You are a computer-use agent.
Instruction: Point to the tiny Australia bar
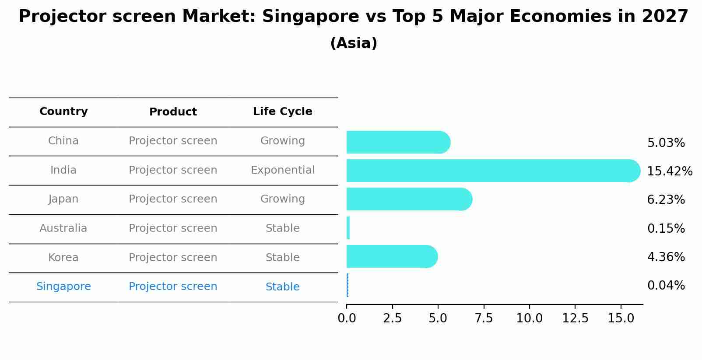pos(348,228)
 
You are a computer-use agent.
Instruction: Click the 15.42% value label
pos(669,171)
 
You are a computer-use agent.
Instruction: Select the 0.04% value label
pos(666,286)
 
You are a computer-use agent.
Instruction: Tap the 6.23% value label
pos(666,200)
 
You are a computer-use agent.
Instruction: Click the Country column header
pos(63,112)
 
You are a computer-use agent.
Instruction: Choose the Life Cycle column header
pos(282,112)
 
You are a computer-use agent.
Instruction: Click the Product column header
pos(173,112)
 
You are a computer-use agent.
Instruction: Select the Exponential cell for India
pos(282,170)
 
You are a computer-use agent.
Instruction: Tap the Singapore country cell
pos(63,287)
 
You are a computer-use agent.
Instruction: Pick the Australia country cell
pos(63,228)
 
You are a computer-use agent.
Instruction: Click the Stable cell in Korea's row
pos(282,258)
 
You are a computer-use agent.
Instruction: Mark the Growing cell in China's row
pos(282,141)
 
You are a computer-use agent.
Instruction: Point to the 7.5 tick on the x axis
pos(484,318)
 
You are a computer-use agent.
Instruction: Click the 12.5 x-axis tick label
pos(575,318)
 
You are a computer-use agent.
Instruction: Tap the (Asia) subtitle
pos(354,43)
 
